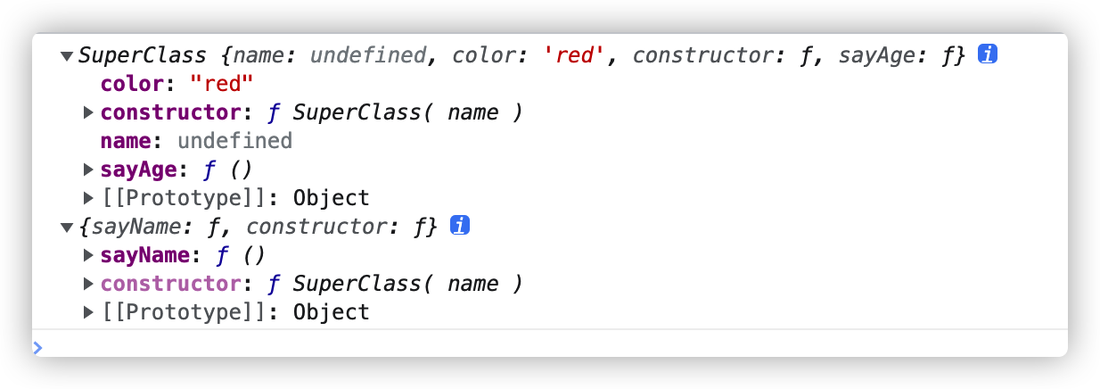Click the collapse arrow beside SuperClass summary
coord(66,56)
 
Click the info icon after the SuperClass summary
coord(987,55)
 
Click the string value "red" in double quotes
coord(218,84)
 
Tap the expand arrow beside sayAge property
coord(88,170)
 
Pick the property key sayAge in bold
coord(132,170)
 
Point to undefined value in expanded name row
coord(234,141)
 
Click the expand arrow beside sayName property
coord(88,255)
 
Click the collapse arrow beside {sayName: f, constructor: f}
coord(66,228)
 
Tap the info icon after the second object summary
coord(460,227)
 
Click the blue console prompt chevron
coord(37,347)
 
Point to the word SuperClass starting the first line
coord(143,55)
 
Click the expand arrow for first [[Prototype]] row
coord(88,198)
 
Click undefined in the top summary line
coord(367,55)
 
